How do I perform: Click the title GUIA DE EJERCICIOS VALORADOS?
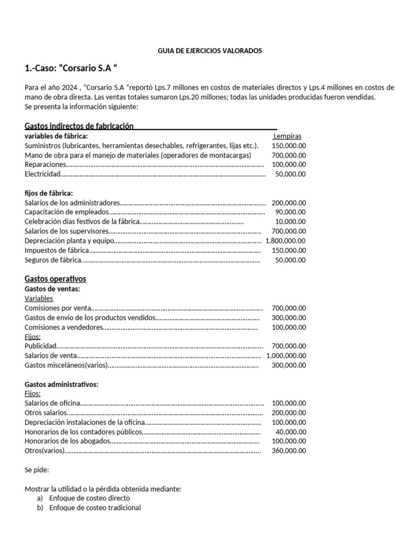209,51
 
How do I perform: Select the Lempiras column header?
287,136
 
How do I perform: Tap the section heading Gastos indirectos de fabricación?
79,126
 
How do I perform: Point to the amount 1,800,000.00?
285,241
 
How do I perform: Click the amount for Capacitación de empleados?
289,212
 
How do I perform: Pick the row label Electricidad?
42,174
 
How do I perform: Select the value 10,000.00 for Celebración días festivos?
290,221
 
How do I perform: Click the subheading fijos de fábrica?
49,193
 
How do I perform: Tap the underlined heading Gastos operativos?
55,279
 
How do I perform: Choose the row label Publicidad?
40,346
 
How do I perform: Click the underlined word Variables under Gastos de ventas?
39,299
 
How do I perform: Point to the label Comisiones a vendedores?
63,328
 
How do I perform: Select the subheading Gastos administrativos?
61,384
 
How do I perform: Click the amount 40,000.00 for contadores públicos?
291,432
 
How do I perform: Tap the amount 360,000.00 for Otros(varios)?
289,451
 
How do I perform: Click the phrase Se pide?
37,470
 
